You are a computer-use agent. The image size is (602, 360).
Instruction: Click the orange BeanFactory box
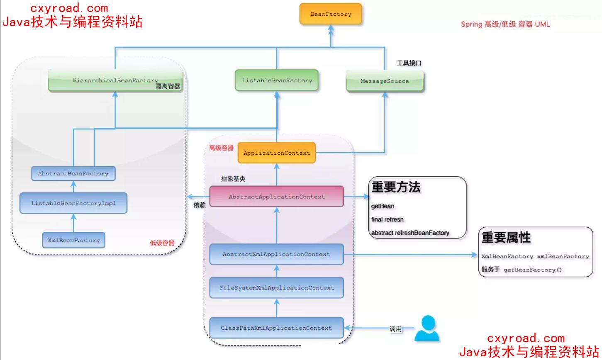pyautogui.click(x=331, y=14)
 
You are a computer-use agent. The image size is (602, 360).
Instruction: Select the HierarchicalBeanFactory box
pyautogui.click(x=115, y=80)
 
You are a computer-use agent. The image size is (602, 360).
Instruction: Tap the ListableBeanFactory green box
pyautogui.click(x=277, y=80)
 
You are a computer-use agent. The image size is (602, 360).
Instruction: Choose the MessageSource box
pyautogui.click(x=385, y=81)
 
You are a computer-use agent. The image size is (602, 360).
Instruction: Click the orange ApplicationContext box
pyautogui.click(x=276, y=153)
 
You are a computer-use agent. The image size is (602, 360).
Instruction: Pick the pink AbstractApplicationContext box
pyautogui.click(x=276, y=197)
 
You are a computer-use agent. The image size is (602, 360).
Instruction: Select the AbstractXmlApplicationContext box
pyautogui.click(x=276, y=254)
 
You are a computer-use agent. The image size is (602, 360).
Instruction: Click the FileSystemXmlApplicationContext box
pyautogui.click(x=276, y=287)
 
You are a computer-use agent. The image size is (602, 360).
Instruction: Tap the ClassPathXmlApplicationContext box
pyautogui.click(x=276, y=328)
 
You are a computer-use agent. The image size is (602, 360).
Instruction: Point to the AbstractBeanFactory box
pyautogui.click(x=73, y=173)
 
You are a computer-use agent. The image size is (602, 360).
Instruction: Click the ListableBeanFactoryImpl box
pyautogui.click(x=73, y=203)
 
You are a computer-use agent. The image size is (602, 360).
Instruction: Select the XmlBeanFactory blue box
pyautogui.click(x=73, y=240)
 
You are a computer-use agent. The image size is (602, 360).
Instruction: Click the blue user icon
pyautogui.click(x=427, y=328)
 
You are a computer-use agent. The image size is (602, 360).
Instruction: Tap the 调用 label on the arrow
pyautogui.click(x=396, y=329)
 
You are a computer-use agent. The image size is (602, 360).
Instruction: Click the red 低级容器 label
pyautogui.click(x=162, y=243)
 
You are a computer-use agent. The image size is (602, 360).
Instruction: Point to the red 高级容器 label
pyautogui.click(x=221, y=148)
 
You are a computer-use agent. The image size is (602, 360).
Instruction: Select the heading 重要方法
pyautogui.click(x=396, y=187)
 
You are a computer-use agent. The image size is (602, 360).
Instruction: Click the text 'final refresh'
pyautogui.click(x=388, y=219)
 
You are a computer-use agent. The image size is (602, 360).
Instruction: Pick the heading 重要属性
pyautogui.click(x=506, y=238)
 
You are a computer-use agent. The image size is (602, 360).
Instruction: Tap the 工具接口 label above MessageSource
pyautogui.click(x=409, y=63)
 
